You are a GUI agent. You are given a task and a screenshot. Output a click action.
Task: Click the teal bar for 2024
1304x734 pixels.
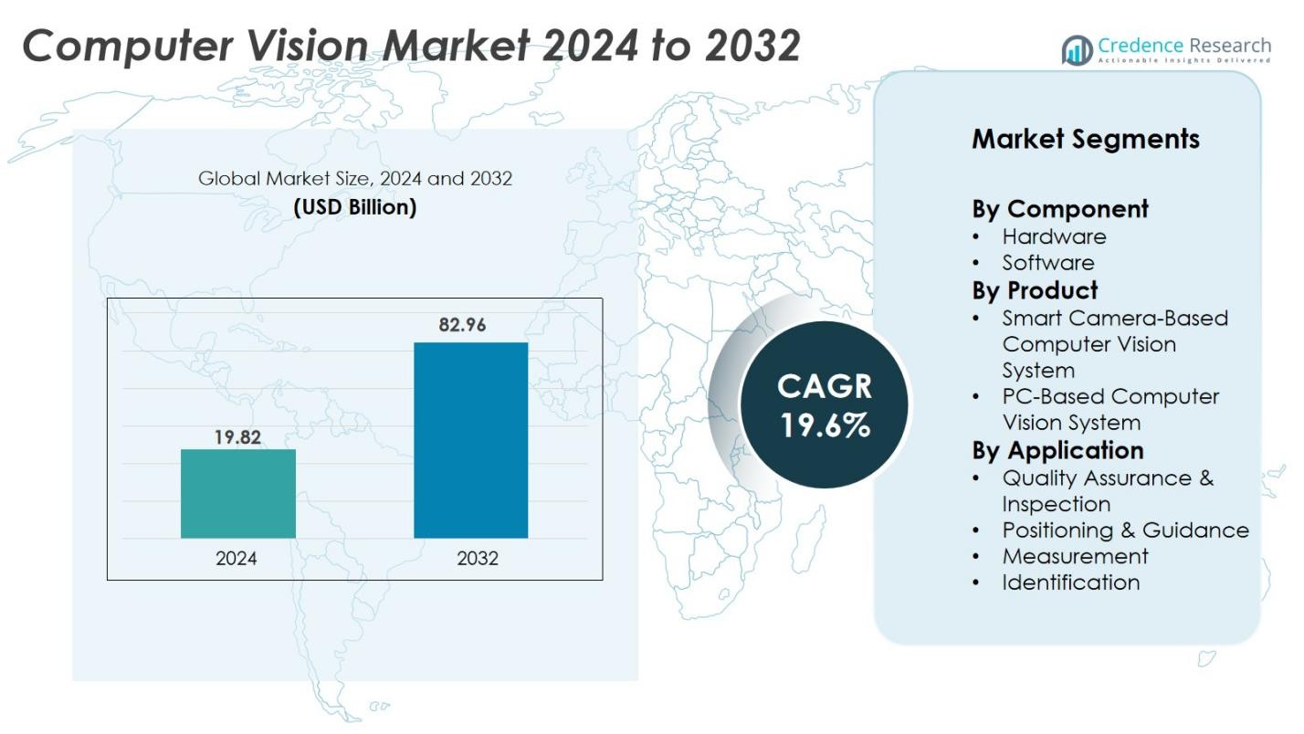coord(237,493)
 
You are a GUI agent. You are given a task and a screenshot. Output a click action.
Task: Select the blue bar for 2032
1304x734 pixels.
coord(470,440)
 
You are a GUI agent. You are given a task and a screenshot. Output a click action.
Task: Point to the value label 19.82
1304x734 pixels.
coord(237,437)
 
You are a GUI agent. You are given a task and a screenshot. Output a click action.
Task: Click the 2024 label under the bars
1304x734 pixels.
coord(237,559)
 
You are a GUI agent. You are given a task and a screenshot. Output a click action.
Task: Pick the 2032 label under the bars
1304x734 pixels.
coord(478,559)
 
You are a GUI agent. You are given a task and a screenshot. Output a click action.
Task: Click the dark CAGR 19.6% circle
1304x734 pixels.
coord(824,404)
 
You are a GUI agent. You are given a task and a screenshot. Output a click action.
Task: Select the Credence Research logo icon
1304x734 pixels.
coord(1077,50)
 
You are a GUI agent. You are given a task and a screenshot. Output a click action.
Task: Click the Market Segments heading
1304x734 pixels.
coord(1085,139)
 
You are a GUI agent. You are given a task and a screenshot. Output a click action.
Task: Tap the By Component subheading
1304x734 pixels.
coord(1059,209)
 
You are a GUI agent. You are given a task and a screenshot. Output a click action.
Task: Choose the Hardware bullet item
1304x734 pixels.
coord(1054,236)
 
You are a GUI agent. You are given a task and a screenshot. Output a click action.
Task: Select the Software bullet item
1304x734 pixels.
coord(1048,263)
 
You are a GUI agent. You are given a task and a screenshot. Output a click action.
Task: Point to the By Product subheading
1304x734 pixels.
coord(1035,290)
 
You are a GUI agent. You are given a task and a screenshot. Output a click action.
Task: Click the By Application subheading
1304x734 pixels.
coord(1057,450)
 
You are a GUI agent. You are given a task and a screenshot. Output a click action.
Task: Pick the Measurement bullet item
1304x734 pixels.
coord(1075,556)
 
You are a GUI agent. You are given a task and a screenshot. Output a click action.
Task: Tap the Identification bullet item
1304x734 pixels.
coord(1070,582)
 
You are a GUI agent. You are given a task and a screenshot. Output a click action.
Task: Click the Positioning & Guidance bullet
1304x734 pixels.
coord(1125,530)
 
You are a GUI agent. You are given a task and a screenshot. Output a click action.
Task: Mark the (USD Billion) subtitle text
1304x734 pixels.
coord(354,207)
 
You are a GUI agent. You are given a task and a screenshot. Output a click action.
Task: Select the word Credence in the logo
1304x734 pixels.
coord(1141,45)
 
